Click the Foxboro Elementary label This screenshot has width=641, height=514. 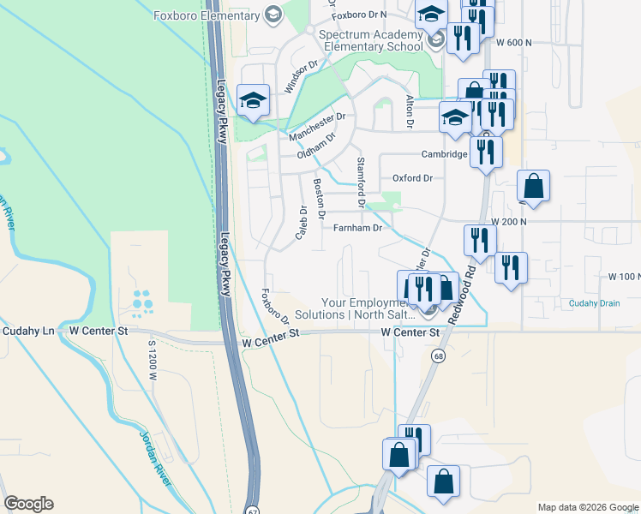(x=207, y=15)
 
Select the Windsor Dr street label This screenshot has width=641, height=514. (x=301, y=76)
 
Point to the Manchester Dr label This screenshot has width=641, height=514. (x=316, y=128)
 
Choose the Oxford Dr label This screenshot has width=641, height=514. (x=412, y=178)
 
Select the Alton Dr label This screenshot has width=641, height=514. (x=410, y=112)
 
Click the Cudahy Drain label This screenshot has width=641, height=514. (x=593, y=303)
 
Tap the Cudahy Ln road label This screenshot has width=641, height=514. (x=28, y=330)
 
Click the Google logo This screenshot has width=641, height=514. (x=28, y=504)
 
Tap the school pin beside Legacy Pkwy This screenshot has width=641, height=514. (x=253, y=101)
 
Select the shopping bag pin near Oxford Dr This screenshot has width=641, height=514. (x=533, y=186)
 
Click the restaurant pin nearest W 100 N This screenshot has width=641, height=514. (x=511, y=267)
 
